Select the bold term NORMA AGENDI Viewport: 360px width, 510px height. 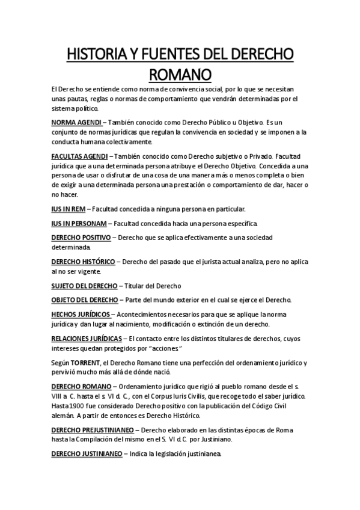pos(76,122)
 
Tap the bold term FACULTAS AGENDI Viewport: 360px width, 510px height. pos(81,155)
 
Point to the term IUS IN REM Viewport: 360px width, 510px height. pos(69,209)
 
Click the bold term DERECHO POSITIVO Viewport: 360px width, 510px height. pos(81,238)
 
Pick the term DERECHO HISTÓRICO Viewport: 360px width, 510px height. pos(84,262)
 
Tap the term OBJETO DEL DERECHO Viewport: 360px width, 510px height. pos(85,300)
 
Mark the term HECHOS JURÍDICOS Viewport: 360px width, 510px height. pos(81,314)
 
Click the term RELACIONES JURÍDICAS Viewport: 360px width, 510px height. pos(87,338)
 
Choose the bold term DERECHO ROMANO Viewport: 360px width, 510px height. pos(82,386)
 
